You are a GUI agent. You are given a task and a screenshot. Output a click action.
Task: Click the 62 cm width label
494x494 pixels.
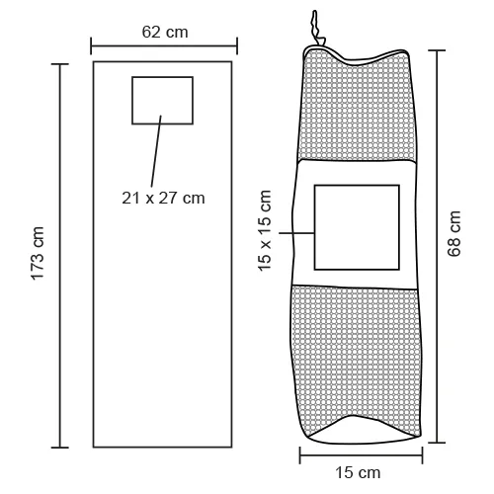click(x=165, y=33)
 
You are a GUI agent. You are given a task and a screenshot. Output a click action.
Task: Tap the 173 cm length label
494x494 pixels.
click(x=38, y=254)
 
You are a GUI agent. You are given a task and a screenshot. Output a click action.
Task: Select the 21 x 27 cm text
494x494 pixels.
click(x=163, y=199)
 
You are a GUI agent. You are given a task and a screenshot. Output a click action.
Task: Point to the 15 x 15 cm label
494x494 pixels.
click(x=265, y=231)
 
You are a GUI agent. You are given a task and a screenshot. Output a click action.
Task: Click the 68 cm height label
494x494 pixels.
click(x=453, y=234)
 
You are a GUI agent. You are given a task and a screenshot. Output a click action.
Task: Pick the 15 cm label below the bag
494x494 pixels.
click(x=358, y=473)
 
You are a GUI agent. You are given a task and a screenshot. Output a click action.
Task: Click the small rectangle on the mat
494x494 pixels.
click(x=162, y=101)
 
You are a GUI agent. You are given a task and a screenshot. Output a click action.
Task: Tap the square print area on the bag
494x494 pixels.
click(x=357, y=227)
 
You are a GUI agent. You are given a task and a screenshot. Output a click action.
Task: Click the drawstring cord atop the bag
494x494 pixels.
click(x=315, y=28)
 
